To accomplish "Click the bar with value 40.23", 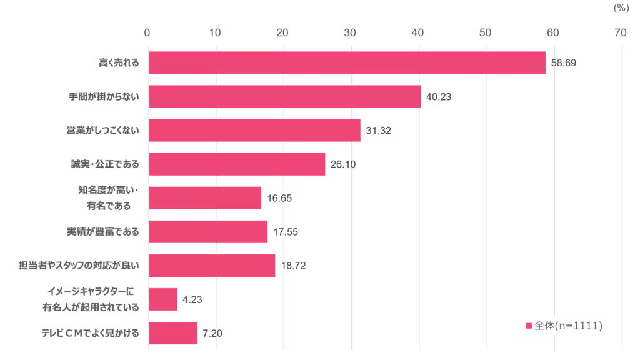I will (284, 97).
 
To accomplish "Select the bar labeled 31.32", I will (254, 131).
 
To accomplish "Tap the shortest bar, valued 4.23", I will (163, 299).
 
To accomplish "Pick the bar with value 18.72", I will (212, 266).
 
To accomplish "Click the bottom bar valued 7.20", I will (173, 333).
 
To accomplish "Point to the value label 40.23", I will (439, 97).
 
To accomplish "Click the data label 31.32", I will (379, 131).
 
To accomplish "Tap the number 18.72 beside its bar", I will (293, 266).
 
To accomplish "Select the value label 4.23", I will (192, 299).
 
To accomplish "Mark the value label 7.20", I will (212, 333).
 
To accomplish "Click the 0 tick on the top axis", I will (147, 33).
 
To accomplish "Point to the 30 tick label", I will (350, 33).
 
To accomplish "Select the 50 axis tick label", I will (485, 33).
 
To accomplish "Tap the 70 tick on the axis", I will (620, 33).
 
